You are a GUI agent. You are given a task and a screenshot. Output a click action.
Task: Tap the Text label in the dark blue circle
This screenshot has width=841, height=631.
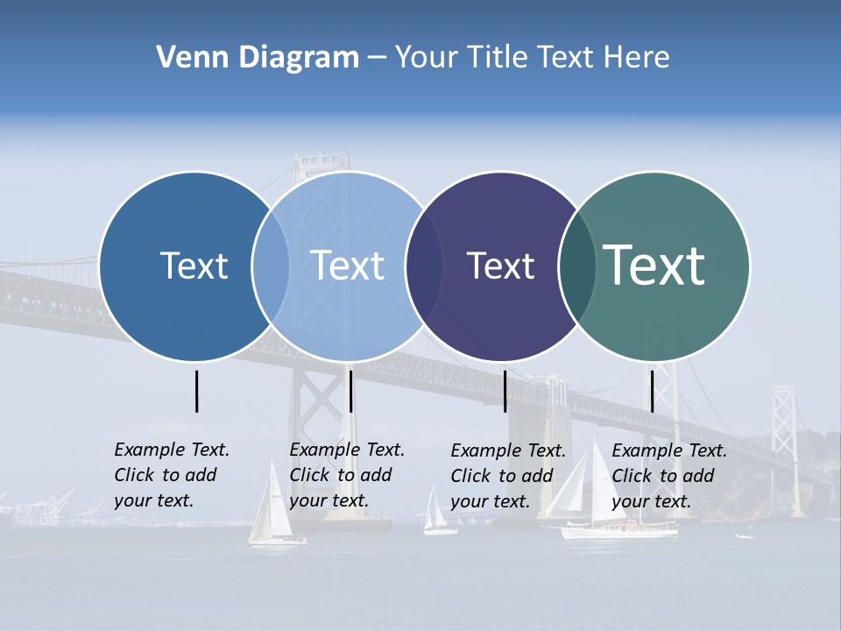tap(194, 266)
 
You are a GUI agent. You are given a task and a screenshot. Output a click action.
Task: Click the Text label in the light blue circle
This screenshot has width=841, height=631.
tap(347, 266)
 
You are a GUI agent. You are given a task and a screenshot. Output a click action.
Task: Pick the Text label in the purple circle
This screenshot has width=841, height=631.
tap(500, 266)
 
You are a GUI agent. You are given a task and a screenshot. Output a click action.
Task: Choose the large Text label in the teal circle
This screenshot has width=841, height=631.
tap(654, 265)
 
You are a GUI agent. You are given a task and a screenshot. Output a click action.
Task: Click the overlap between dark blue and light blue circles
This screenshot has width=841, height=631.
tap(271, 266)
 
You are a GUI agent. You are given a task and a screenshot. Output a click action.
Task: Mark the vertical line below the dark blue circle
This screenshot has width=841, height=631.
tap(196, 391)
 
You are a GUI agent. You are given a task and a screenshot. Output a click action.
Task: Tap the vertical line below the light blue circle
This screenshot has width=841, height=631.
tap(350, 391)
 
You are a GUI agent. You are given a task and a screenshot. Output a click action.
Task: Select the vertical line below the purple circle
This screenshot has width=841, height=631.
tap(505, 391)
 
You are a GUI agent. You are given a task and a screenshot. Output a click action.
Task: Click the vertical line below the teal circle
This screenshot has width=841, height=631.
tap(652, 391)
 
